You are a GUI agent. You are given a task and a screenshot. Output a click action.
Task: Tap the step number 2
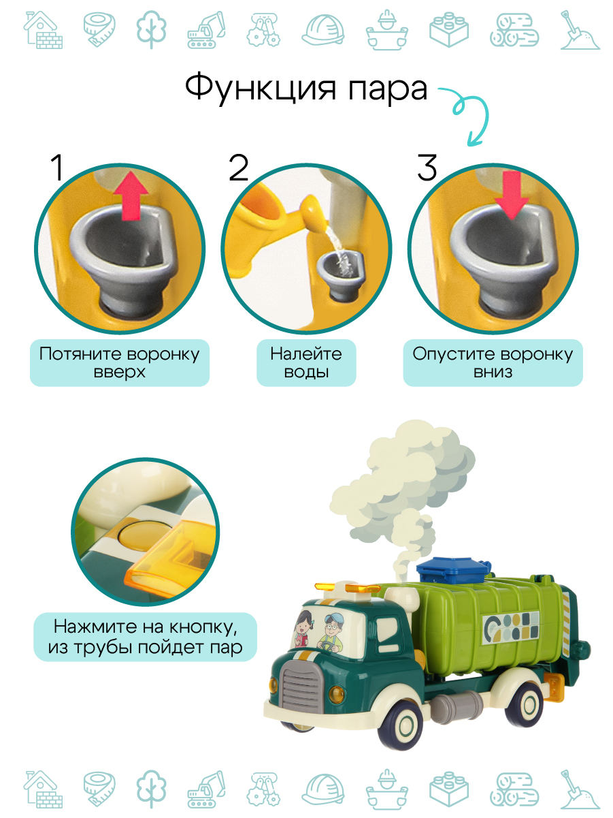pos(239,168)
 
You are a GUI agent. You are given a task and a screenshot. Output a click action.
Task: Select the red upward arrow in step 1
pos(131,195)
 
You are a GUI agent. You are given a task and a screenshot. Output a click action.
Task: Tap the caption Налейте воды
pos(306,362)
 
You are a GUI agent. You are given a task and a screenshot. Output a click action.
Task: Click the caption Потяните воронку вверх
pos(120,362)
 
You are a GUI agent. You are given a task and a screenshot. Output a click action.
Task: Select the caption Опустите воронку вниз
pos(493,362)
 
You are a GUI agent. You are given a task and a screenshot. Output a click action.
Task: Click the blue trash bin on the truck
pos(453,569)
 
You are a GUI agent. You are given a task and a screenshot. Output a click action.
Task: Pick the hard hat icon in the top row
pos(323,29)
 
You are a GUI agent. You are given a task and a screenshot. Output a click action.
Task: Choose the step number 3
pos(427,168)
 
